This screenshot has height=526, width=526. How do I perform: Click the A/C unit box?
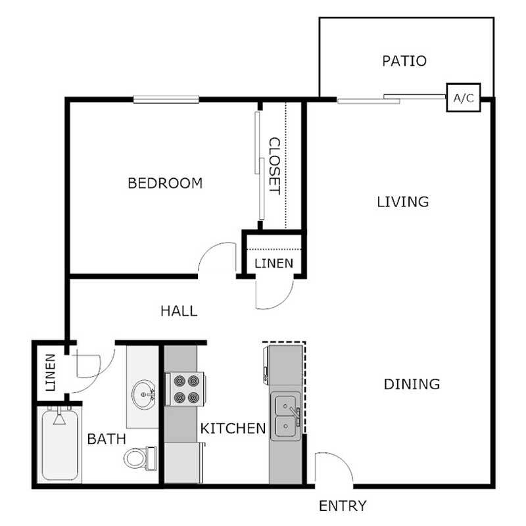point(463,99)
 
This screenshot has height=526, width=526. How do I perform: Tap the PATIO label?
point(404,61)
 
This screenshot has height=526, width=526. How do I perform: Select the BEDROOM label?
point(165,183)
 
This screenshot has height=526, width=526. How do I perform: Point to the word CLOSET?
point(274,166)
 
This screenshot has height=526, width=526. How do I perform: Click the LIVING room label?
point(402,201)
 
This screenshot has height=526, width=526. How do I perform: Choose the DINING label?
point(412,383)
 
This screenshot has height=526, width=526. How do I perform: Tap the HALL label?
point(179,311)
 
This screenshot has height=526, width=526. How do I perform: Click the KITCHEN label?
point(233,429)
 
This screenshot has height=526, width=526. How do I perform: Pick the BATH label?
point(107,439)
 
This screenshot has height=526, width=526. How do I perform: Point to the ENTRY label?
point(342,506)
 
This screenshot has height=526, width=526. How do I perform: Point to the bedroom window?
point(166,99)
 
